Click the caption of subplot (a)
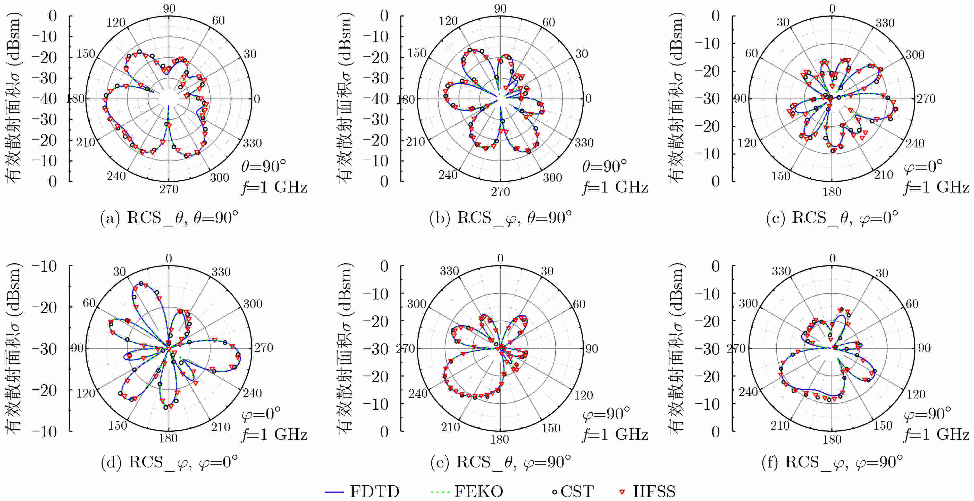pyautogui.click(x=169, y=218)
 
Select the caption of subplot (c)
pyautogui.click(x=832, y=218)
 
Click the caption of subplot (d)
pyautogui.click(x=169, y=462)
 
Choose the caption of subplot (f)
pyautogui.click(x=832, y=462)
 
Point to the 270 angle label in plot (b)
pyautogui.click(x=500, y=192)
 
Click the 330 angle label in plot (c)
pyautogui.click(x=885, y=23)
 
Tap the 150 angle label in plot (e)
pyautogui.click(x=551, y=428)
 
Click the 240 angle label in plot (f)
pyautogui.click(x=748, y=392)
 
